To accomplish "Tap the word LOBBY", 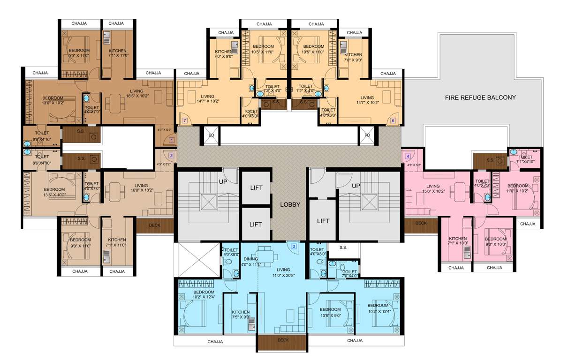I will coord(290,204).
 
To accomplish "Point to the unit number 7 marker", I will coord(185,120).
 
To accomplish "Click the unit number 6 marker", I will coord(393,120).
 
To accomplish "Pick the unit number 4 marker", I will coord(408,156).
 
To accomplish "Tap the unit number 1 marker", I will coord(172,140).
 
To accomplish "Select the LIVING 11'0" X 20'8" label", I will coord(283,272).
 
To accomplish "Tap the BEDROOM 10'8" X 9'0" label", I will coord(330,312).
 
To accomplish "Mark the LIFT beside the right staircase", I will coord(323,221).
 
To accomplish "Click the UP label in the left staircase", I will coord(223,180).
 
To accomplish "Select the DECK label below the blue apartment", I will coord(283,340).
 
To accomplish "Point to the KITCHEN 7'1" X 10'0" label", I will coord(457,240).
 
